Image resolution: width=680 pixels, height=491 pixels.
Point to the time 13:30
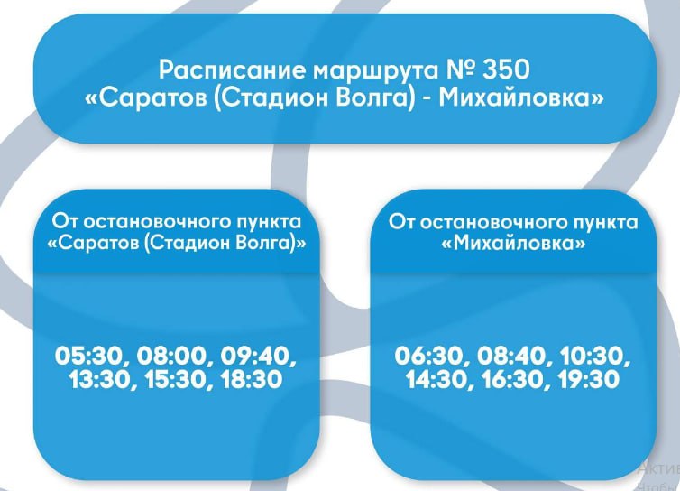point(99,381)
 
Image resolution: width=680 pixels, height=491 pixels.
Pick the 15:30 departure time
point(173,381)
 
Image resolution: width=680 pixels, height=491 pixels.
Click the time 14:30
point(438,381)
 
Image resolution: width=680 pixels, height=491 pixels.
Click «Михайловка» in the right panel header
point(512,245)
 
